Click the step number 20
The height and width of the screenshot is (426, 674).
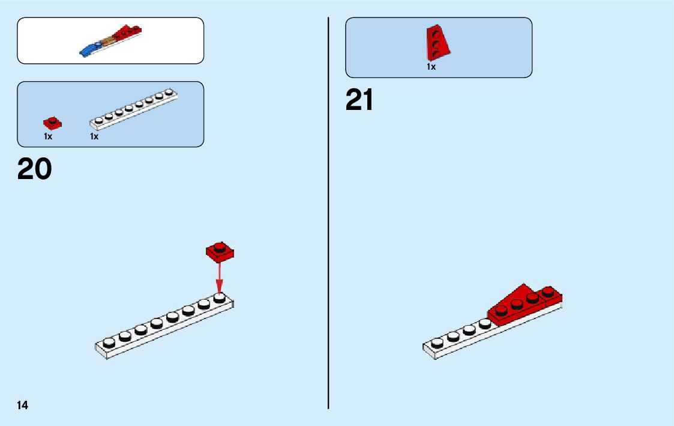[x=35, y=169]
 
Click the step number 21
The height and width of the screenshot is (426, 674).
[x=360, y=100]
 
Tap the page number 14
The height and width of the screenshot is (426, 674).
[x=22, y=405]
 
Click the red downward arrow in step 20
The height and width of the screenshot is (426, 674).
[x=220, y=277]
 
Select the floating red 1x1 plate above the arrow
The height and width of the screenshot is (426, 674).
[x=220, y=252]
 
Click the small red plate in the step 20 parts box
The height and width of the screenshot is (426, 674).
[x=52, y=123]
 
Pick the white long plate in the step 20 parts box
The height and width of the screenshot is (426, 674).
[x=135, y=109]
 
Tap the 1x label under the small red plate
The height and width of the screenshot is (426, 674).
[x=48, y=136]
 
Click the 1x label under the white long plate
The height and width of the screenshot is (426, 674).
[x=94, y=136]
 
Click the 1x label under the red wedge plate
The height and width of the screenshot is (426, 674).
[x=431, y=67]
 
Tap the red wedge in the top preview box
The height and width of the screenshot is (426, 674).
[x=126, y=34]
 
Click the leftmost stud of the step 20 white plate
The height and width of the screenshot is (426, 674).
[x=109, y=342]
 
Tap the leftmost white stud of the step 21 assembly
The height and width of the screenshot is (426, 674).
[x=436, y=342]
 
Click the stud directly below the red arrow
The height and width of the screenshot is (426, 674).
[x=220, y=297]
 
